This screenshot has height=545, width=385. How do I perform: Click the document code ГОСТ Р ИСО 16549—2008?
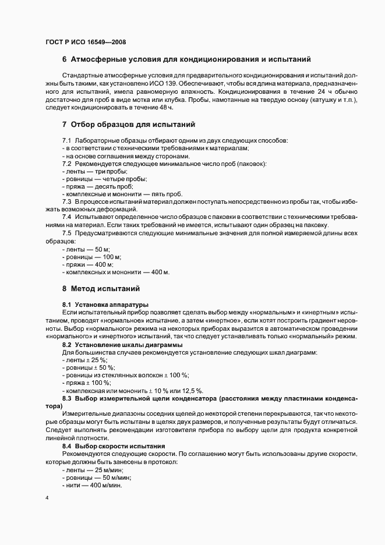pos(85,42)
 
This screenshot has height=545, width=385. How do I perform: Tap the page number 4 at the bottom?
pos(47,498)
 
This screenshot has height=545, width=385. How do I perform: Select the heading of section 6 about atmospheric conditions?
pos(186,59)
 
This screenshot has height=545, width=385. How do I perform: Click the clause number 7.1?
pos(66,141)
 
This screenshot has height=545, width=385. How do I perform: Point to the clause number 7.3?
pos(66,201)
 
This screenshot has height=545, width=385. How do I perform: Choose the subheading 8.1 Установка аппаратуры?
pos(105,305)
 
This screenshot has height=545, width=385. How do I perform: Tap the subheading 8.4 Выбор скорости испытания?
pos(114,445)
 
